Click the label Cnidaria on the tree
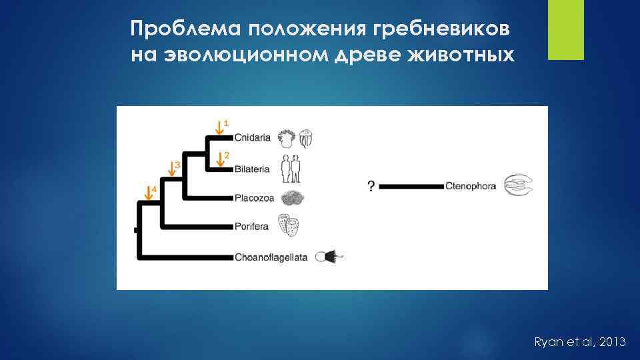point(253,138)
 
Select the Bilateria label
point(252,169)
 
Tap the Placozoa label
point(253,198)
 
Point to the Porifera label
point(251,227)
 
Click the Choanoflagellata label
point(271,257)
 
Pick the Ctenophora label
point(471,187)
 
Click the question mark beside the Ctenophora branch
point(371,187)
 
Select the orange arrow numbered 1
point(220,126)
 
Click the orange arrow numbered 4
point(148,193)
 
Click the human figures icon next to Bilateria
point(290,168)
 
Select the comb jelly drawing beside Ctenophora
point(519,186)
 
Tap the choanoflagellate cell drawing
point(329,257)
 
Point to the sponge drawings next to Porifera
point(288,225)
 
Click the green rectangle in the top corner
point(565,30)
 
